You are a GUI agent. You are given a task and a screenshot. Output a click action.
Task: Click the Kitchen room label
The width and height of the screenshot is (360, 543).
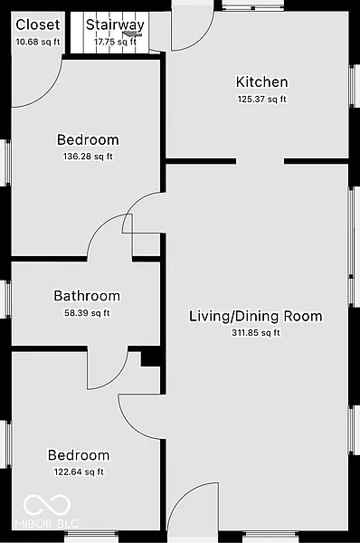[x=261, y=82]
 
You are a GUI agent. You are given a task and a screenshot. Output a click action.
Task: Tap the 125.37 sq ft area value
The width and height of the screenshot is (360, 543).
[x=262, y=99]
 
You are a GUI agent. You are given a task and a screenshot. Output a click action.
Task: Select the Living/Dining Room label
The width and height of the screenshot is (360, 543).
[x=256, y=317]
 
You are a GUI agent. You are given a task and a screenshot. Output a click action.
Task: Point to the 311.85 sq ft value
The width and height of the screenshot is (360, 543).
[x=256, y=333]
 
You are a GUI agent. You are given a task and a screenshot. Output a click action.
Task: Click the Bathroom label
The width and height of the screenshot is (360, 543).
[x=87, y=296]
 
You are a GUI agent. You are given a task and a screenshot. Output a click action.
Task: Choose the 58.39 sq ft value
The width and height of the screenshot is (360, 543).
[x=87, y=313]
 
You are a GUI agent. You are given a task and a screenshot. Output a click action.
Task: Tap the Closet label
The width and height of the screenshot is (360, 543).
[x=38, y=24]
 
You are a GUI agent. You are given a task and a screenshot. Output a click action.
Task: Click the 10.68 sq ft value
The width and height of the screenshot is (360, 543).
[x=38, y=42]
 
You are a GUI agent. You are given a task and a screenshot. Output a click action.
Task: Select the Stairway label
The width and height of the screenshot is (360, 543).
[x=115, y=24]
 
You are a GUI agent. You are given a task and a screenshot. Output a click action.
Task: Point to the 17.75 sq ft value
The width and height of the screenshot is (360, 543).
[x=115, y=42]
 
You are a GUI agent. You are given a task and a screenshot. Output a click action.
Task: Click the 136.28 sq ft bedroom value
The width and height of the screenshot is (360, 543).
[x=88, y=157]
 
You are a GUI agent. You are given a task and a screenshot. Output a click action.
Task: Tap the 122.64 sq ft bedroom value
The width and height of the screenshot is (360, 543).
[x=79, y=472]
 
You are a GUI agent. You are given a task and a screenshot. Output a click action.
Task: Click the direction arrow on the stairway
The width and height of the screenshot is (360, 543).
[x=133, y=33]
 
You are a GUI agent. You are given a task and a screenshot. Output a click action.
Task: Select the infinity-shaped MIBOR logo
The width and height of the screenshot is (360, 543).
[x=47, y=505]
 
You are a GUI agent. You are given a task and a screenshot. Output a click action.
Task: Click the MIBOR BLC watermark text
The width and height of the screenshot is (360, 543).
[x=47, y=523]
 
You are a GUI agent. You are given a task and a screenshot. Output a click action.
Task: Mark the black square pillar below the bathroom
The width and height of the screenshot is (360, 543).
[x=150, y=359]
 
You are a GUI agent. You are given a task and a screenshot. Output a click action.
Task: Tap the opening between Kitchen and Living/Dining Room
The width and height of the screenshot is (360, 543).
[x=261, y=161]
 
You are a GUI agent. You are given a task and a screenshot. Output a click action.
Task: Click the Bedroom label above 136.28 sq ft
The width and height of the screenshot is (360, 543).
[x=88, y=140]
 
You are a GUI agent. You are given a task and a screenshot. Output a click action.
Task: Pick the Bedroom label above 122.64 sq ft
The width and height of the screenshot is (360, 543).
[x=79, y=455]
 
